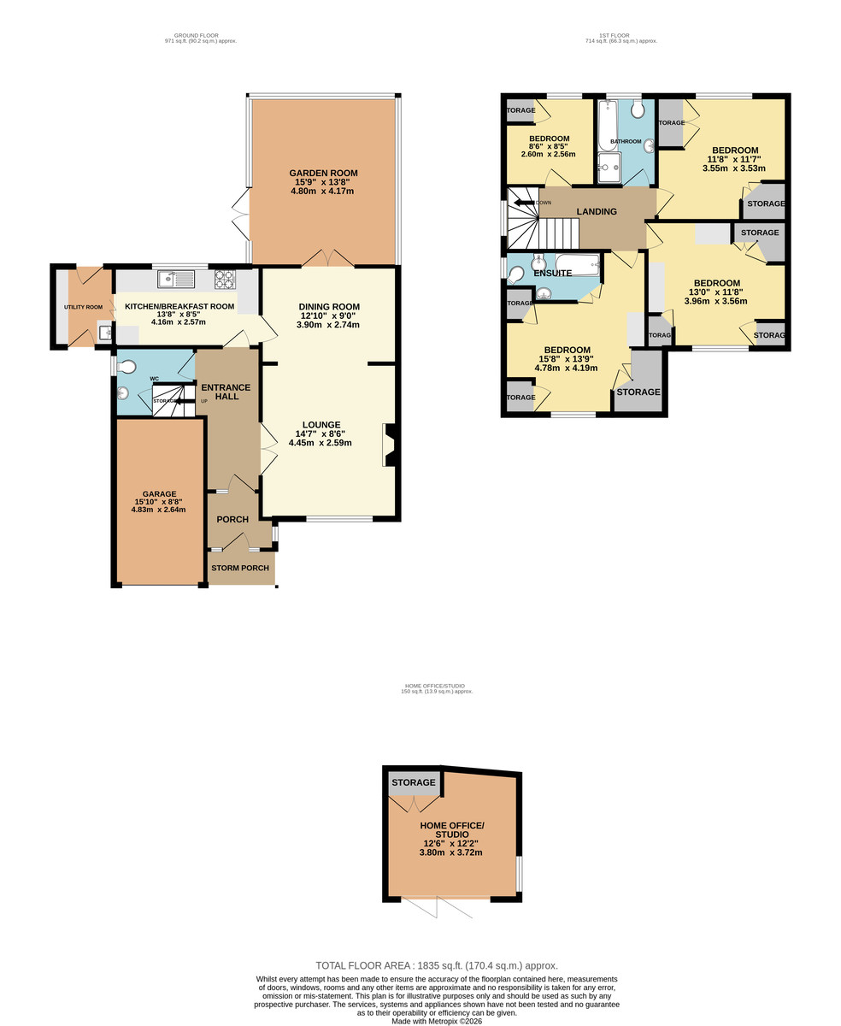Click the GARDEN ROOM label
[323, 173]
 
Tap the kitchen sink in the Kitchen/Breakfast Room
[176, 279]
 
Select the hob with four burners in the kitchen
[225, 279]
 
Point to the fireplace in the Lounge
[390, 445]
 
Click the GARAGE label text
[159, 493]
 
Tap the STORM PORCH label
[240, 568]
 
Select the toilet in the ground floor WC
[126, 367]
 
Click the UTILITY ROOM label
[83, 307]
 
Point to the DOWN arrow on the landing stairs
[523, 203]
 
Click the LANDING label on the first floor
[596, 211]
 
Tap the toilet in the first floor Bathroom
[638, 109]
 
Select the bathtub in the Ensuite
[578, 265]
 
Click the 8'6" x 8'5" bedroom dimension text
[549, 146]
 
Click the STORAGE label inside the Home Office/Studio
[413, 782]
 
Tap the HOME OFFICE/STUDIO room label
[451, 830]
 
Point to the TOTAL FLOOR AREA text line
[436, 965]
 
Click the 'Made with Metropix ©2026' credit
[436, 1021]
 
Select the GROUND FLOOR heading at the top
[191, 36]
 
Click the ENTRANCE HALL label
[226, 392]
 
